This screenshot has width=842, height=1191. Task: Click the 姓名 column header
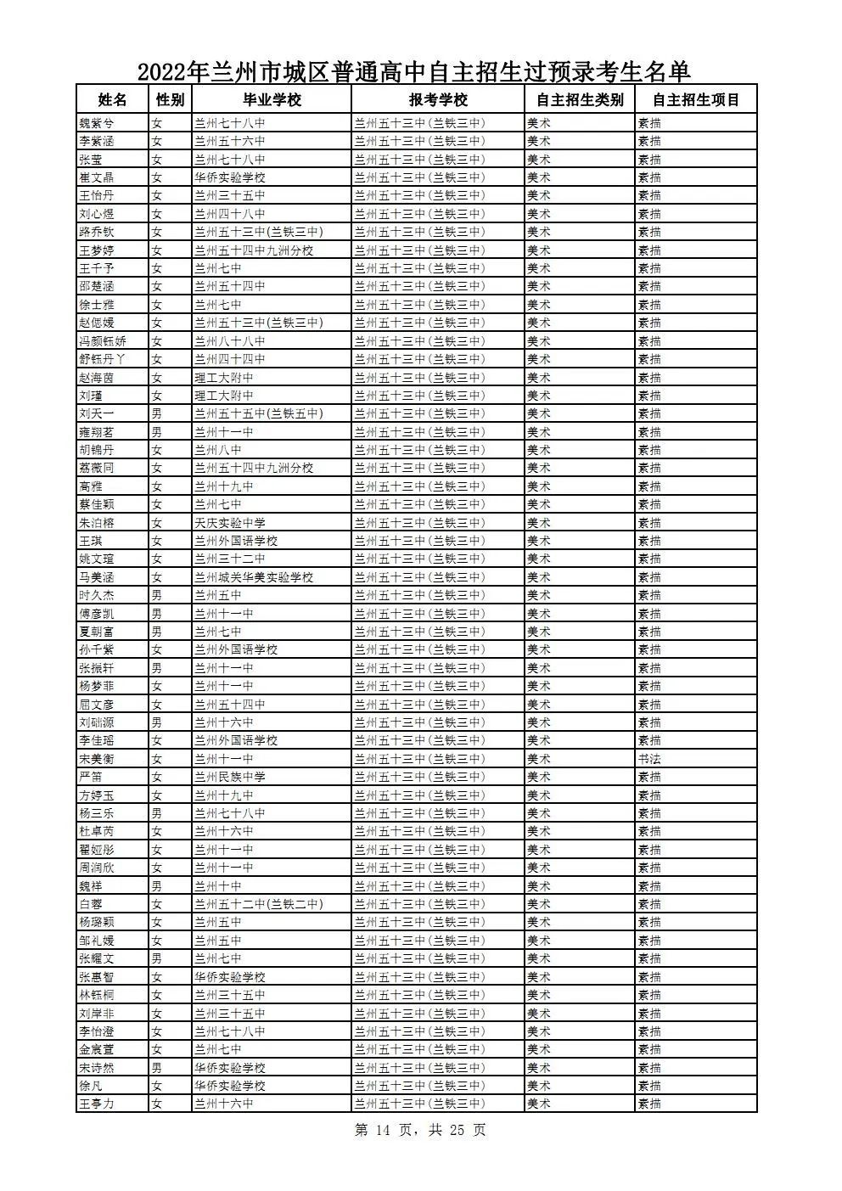[x=112, y=99]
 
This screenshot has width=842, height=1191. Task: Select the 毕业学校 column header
[x=272, y=99]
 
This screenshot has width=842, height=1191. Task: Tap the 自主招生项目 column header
[x=696, y=99]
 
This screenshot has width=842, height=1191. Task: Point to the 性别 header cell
[x=170, y=99]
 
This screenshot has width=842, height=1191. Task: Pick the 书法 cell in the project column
[x=649, y=759]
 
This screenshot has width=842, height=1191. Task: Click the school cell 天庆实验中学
[x=230, y=523]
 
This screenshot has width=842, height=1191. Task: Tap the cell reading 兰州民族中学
[x=230, y=777]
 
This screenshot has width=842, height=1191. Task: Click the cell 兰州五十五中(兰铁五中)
[x=259, y=413]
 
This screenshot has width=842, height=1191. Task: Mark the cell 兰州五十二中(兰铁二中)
[x=259, y=904]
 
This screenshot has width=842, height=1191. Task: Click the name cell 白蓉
[x=90, y=904]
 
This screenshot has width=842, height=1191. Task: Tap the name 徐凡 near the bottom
[x=90, y=1086]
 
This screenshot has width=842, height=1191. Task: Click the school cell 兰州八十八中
[x=230, y=341]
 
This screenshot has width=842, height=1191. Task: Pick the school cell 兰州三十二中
[x=230, y=559]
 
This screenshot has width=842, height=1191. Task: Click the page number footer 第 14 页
[x=382, y=1131]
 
